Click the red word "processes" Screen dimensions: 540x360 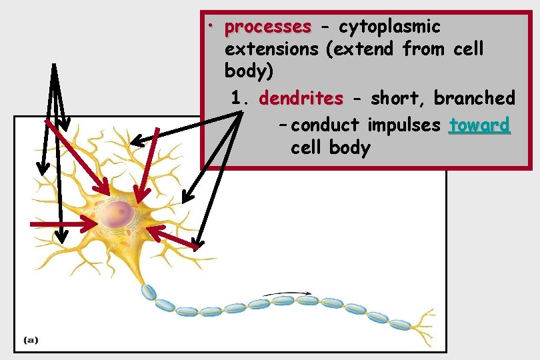268,27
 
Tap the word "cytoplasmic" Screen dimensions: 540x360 389,27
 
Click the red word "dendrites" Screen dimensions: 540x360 301,99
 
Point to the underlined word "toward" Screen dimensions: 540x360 480,125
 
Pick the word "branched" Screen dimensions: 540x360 475,99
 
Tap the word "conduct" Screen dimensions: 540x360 325,125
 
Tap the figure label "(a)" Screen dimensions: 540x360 31,340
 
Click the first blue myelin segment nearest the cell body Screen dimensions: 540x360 148,292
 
